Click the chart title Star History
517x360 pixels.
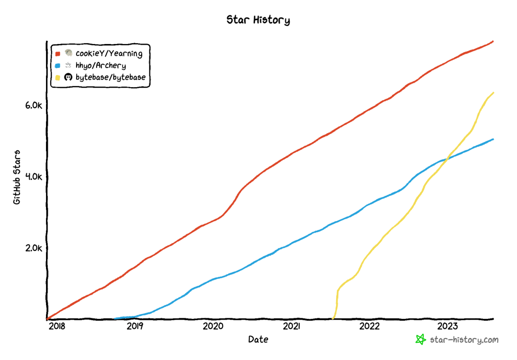coord(258,20)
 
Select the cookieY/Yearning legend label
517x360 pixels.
coord(109,54)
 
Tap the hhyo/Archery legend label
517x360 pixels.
coord(101,66)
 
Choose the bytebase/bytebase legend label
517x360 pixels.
coord(111,77)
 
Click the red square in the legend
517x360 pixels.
coord(57,54)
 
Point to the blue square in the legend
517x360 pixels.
coord(57,66)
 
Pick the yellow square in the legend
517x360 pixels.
coord(57,77)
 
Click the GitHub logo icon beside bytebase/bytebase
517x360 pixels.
coord(68,77)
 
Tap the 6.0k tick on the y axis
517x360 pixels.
coord(34,105)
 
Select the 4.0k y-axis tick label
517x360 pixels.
coord(34,177)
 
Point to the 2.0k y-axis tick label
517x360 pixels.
coord(34,248)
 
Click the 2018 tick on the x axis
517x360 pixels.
coord(56,326)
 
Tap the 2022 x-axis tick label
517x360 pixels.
coord(370,326)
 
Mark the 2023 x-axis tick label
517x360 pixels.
coord(448,326)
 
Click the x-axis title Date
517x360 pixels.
coord(258,339)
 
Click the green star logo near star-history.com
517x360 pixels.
coord(420,339)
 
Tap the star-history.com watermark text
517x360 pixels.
coord(464,340)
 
